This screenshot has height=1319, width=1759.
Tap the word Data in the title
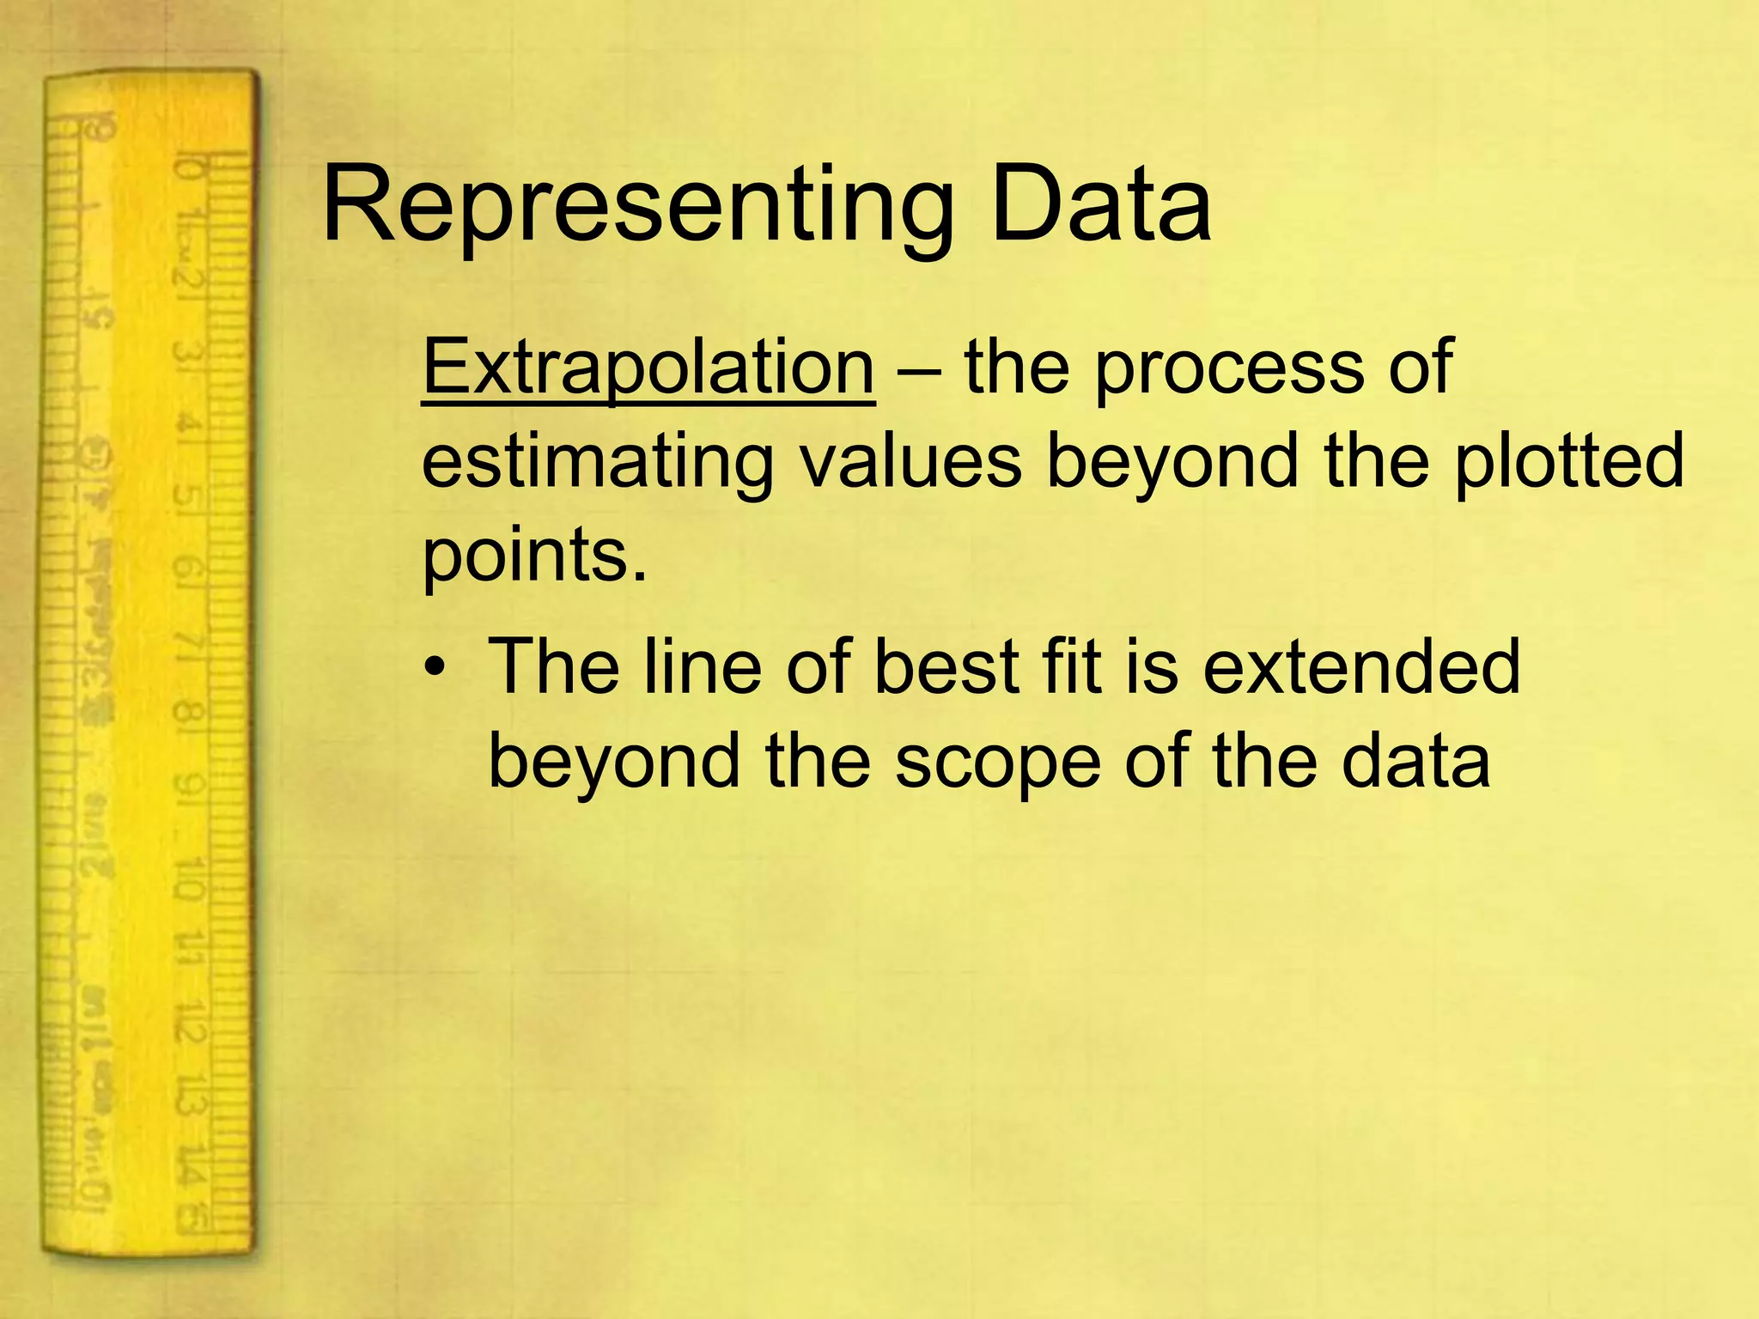(x=1100, y=206)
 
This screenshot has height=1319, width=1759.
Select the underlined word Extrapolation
(x=648, y=368)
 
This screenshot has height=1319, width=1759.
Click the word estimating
(x=598, y=463)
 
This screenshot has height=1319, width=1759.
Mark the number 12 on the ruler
(x=188, y=1022)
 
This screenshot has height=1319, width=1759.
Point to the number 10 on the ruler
(x=188, y=877)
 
